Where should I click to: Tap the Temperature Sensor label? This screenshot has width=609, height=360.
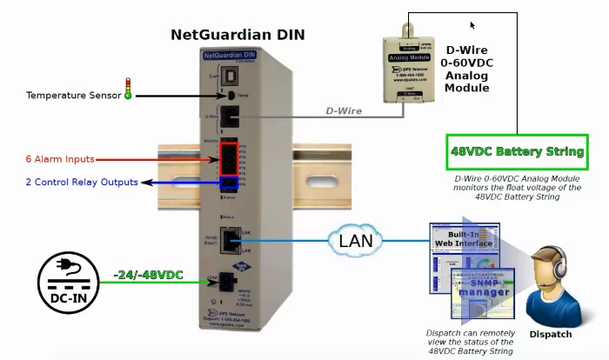pyautogui.click(x=73, y=95)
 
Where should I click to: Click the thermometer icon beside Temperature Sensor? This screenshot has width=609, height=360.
pyautogui.click(x=128, y=89)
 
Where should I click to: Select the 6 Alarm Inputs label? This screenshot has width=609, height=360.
pyautogui.click(x=60, y=159)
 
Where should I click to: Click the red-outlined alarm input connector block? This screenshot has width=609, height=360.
pyautogui.click(x=228, y=158)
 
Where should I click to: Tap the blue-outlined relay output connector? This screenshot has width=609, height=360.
pyautogui.click(x=228, y=183)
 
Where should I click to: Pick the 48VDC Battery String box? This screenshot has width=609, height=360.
pyautogui.click(x=517, y=151)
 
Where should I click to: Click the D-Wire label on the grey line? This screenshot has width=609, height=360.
pyautogui.click(x=343, y=111)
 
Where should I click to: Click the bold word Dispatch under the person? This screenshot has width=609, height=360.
pyautogui.click(x=550, y=334)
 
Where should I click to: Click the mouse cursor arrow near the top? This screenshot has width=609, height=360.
pyautogui.click(x=472, y=26)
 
